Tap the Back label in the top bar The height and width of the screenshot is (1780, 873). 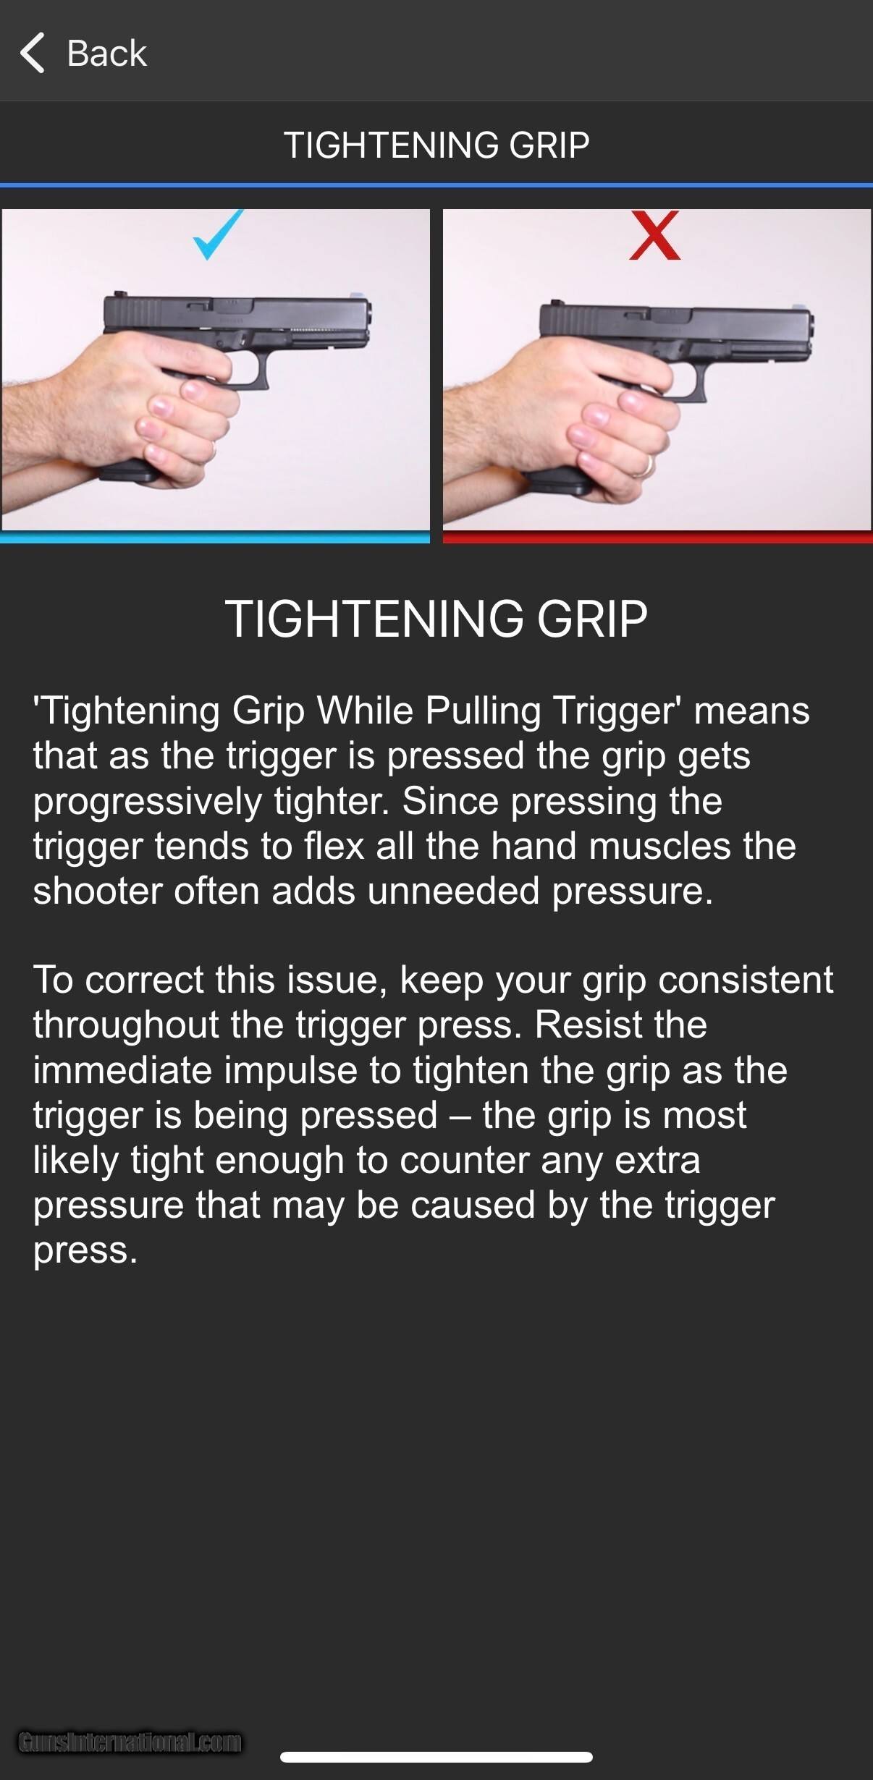(x=106, y=54)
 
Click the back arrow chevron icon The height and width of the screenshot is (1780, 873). (x=32, y=53)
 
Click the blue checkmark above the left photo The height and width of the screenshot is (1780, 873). (x=218, y=234)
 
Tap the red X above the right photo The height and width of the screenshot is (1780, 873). (x=654, y=234)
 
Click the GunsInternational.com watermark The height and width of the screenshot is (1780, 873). (x=130, y=1742)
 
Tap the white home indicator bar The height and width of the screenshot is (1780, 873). (x=436, y=1757)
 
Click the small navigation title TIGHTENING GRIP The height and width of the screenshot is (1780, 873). (x=436, y=145)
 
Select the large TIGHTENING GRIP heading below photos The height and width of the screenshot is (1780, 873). (x=436, y=619)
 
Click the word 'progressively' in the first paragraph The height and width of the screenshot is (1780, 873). (x=147, y=802)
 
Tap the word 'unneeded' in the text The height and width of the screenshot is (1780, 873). (x=453, y=890)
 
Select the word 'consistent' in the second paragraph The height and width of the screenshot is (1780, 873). (x=746, y=980)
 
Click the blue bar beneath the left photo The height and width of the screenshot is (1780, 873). (x=215, y=537)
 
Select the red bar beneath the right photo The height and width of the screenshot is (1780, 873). (x=657, y=537)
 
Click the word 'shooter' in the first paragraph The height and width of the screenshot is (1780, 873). (x=97, y=890)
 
